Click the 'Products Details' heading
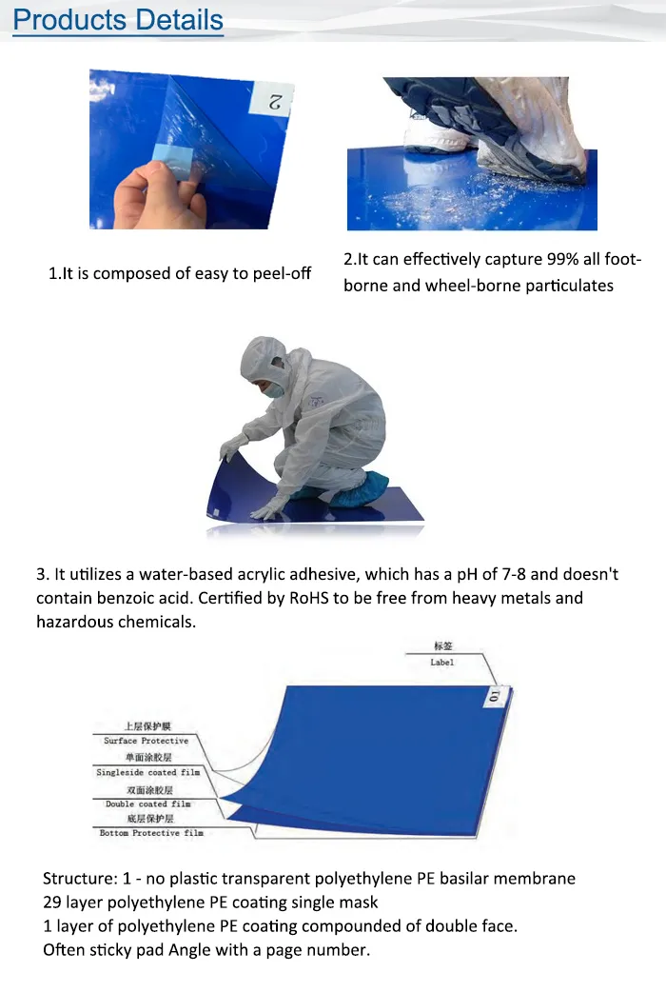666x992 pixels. (118, 20)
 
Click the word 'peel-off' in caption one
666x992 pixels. (282, 273)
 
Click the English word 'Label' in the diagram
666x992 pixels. (442, 662)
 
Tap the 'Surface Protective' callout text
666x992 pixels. (147, 741)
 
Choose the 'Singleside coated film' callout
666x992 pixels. (148, 773)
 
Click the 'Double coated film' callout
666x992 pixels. (147, 804)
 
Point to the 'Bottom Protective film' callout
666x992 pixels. (151, 833)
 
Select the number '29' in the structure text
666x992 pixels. (53, 902)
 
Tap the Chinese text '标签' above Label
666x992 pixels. (442, 645)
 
